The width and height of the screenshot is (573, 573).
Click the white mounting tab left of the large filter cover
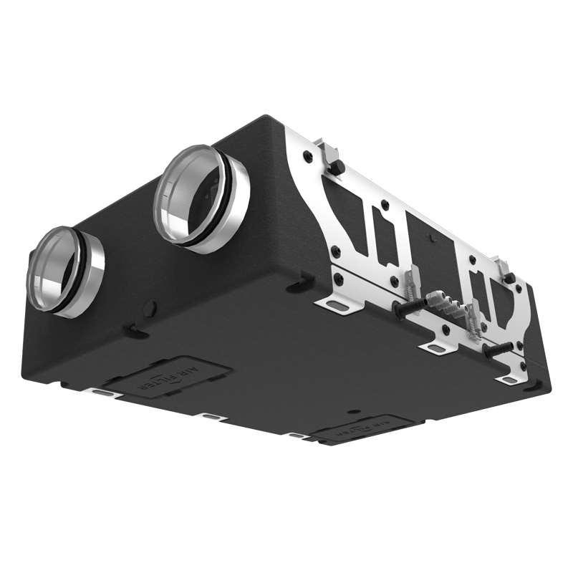(103, 393)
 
